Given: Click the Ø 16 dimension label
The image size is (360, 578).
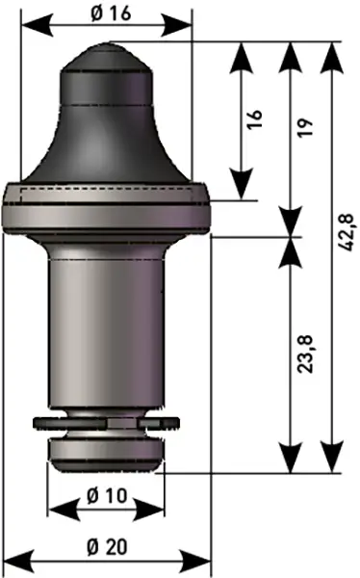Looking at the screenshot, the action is coord(111,14).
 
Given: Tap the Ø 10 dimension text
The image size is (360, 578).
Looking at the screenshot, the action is coord(107,496).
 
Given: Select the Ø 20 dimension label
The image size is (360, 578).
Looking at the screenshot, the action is coord(107,547).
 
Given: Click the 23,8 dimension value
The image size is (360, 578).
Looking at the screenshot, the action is coord(305,355).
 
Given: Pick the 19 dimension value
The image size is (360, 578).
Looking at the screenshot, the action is coord(305,128).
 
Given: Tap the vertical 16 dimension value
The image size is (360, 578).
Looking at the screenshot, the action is coord(254,119).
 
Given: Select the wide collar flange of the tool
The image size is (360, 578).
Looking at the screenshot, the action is coord(107,208).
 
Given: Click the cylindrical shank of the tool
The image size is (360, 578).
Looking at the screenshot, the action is coord(106,331).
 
